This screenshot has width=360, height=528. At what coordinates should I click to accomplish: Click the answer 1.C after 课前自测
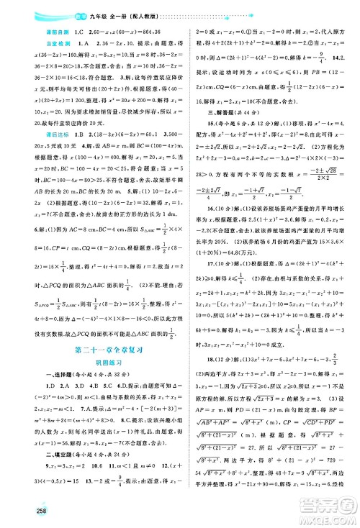(x=53, y=32)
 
